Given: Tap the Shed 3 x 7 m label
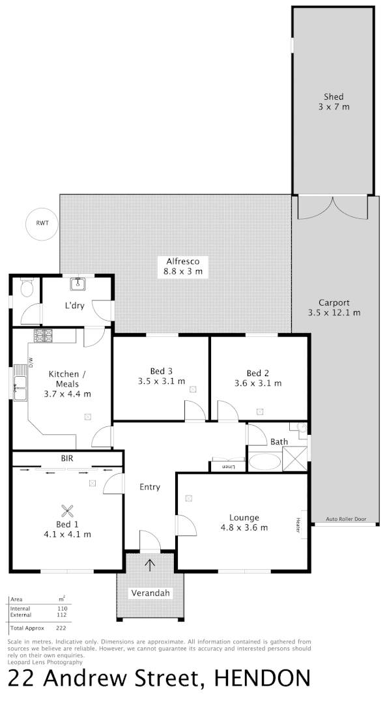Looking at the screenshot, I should (334, 102).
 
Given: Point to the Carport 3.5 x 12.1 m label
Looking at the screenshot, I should (334, 307).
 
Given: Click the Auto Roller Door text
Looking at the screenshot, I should (346, 520).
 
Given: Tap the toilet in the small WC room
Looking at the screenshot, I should (26, 287).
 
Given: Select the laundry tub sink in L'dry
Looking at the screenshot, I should (78, 284).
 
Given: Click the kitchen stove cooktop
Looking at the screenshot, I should (43, 336).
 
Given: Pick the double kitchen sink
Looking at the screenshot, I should (20, 387).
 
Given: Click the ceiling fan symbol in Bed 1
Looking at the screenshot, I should (66, 511).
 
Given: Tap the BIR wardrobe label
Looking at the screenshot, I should (66, 459).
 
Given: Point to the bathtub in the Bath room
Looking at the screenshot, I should (264, 462).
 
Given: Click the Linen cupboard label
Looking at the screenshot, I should (227, 467).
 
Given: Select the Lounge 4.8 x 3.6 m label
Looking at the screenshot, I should (244, 523).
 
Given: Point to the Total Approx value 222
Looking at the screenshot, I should (62, 628).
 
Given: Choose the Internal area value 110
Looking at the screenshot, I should (62, 608).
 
